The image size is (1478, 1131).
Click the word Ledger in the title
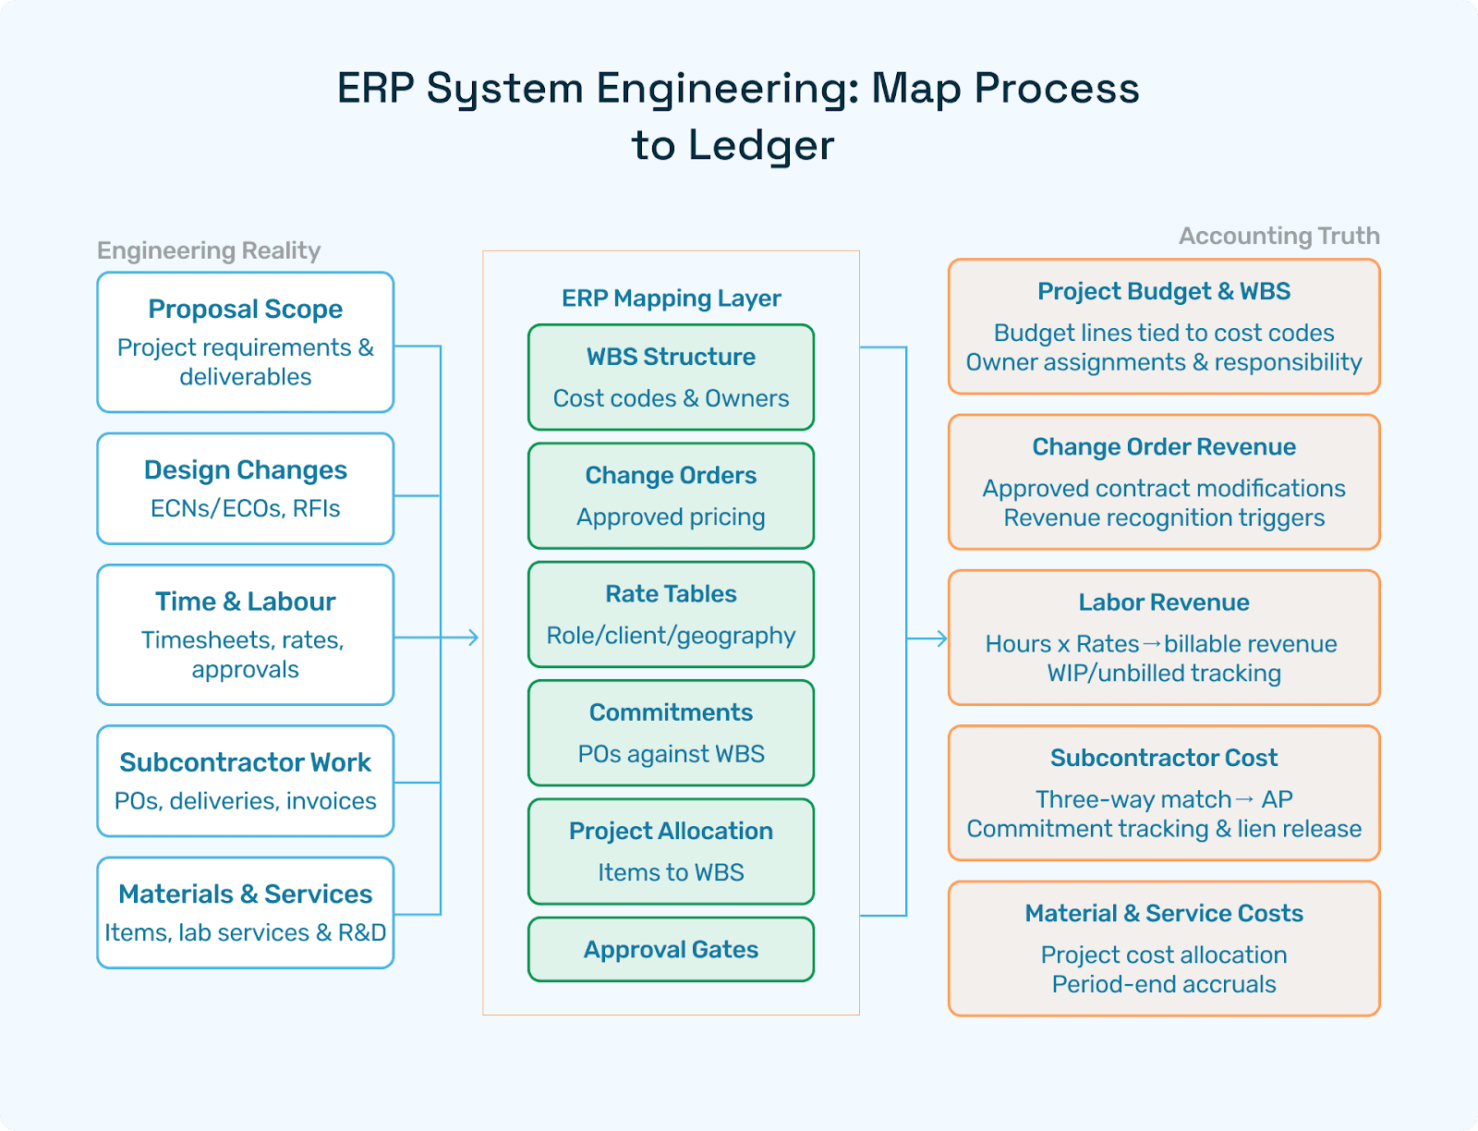761,146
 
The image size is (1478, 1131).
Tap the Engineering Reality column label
209,250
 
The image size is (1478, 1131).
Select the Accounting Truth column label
1279,236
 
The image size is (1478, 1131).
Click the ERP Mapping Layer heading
672,298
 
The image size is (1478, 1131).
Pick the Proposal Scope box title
245,310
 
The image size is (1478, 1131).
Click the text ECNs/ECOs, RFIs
245,508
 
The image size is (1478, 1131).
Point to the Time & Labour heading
245,602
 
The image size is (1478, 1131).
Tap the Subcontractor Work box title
245,762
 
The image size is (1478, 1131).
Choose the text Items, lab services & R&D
245,933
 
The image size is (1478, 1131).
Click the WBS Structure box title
672,357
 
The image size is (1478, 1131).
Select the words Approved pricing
672,517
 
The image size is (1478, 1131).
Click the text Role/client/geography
672,636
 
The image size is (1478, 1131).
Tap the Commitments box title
672,712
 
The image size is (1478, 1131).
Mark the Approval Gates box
672,950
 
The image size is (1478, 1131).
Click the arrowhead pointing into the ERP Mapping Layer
474,638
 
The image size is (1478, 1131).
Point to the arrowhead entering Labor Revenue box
942,638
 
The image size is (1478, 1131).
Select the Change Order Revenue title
1164,447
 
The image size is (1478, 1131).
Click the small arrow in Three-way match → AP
1245,799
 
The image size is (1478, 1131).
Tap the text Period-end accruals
1164,985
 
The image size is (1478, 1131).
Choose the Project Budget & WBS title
1164,292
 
